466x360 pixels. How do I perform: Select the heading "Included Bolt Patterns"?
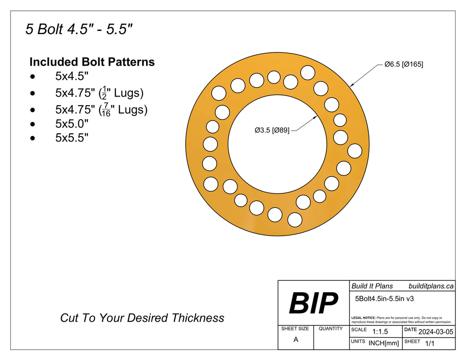[92, 62]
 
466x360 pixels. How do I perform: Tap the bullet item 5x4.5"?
[71, 76]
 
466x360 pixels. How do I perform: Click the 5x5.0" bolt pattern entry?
[71, 123]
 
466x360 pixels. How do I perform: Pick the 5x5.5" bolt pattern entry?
[71, 138]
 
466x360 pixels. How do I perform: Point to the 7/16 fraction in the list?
[106, 110]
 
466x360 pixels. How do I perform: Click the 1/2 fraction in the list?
[105, 92]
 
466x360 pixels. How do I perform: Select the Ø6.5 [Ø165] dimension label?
[403, 65]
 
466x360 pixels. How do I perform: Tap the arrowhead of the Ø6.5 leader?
[351, 85]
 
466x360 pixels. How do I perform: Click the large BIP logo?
[313, 303]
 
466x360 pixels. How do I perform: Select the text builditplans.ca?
[431, 286]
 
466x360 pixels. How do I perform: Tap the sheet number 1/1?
[429, 344]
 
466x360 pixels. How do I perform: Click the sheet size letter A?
[296, 340]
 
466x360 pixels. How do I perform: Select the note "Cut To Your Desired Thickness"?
[142, 318]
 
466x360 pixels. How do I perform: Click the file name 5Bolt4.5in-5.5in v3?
[384, 299]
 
